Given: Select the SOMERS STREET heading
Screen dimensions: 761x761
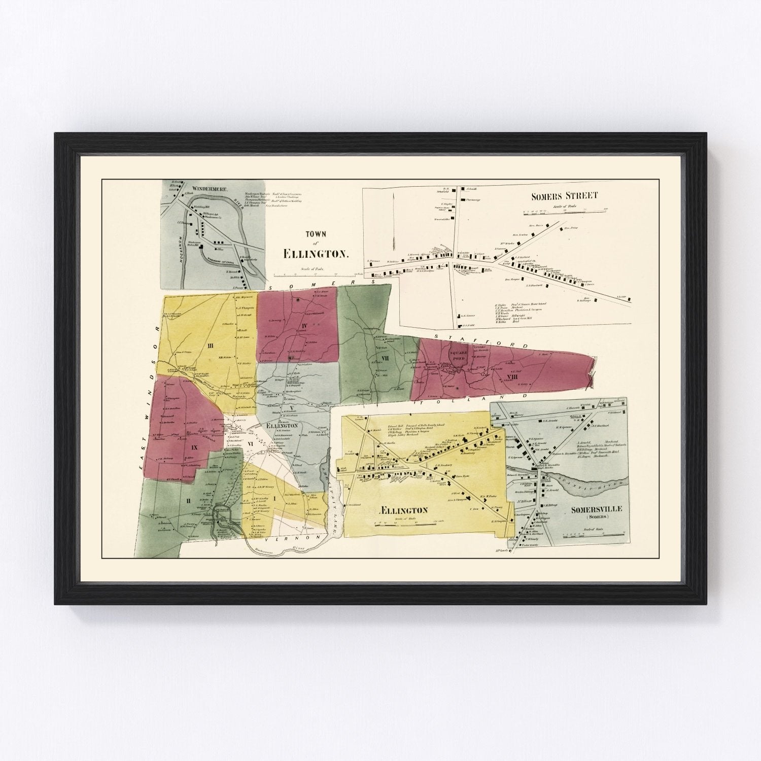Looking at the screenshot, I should [565, 195].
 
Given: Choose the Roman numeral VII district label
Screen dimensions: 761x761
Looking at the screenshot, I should [377, 358].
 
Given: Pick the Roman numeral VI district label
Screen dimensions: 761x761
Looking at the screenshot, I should [250, 443].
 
